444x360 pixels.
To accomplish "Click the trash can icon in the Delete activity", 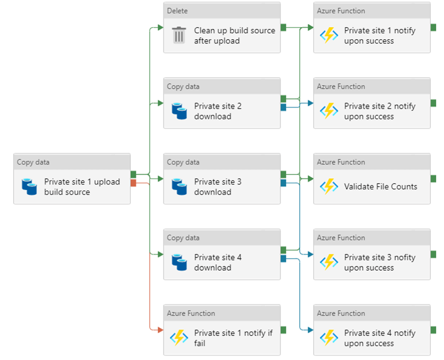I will click(x=179, y=35).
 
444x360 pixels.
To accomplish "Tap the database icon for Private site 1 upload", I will click(x=29, y=186).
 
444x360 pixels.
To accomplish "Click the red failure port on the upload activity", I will click(x=133, y=183).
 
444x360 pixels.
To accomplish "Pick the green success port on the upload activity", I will click(x=133, y=175).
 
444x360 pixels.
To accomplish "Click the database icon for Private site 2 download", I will click(x=179, y=111).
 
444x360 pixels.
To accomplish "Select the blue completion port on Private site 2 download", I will click(x=283, y=107).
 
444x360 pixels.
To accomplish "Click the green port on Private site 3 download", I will click(x=283, y=174).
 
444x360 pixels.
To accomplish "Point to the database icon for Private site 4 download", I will click(x=179, y=262).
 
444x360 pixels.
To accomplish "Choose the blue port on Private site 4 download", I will click(x=283, y=259).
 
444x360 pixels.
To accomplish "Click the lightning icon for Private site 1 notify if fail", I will click(x=179, y=338).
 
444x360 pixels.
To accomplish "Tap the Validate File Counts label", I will click(x=380, y=186).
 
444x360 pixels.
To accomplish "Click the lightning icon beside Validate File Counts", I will click(x=329, y=186).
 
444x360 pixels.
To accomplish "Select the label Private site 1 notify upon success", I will click(x=379, y=36).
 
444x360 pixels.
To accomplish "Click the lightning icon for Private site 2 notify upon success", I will click(x=329, y=111).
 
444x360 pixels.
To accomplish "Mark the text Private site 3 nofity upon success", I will click(x=379, y=262).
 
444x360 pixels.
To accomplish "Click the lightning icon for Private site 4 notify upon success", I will click(x=329, y=338).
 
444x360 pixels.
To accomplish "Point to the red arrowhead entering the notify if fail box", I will click(x=160, y=330).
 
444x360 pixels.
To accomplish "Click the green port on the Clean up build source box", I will click(x=283, y=27).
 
